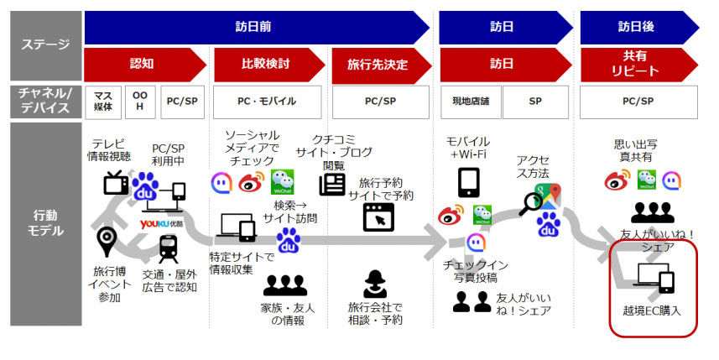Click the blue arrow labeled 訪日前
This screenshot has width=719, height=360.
(257, 27)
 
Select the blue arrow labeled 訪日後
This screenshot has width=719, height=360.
(639, 27)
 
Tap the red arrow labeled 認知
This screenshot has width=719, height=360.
(145, 65)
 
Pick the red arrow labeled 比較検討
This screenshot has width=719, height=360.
(269, 65)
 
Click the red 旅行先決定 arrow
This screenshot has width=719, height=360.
(382, 65)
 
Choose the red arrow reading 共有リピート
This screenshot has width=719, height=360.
(639, 65)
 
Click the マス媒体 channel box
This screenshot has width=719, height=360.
(103, 102)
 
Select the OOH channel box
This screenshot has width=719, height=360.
(140, 102)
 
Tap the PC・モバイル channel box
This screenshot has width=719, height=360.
(267, 102)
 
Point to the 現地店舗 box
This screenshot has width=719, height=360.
(471, 102)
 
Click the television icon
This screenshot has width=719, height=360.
(116, 183)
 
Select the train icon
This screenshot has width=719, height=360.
(169, 248)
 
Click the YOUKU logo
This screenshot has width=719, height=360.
(161, 223)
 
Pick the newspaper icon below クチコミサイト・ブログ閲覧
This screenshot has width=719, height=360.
(332, 184)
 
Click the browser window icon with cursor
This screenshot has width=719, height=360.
(378, 217)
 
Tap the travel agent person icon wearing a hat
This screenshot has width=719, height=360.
(375, 284)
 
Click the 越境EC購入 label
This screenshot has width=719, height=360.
(652, 311)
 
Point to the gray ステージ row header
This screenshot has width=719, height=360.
(46, 46)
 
